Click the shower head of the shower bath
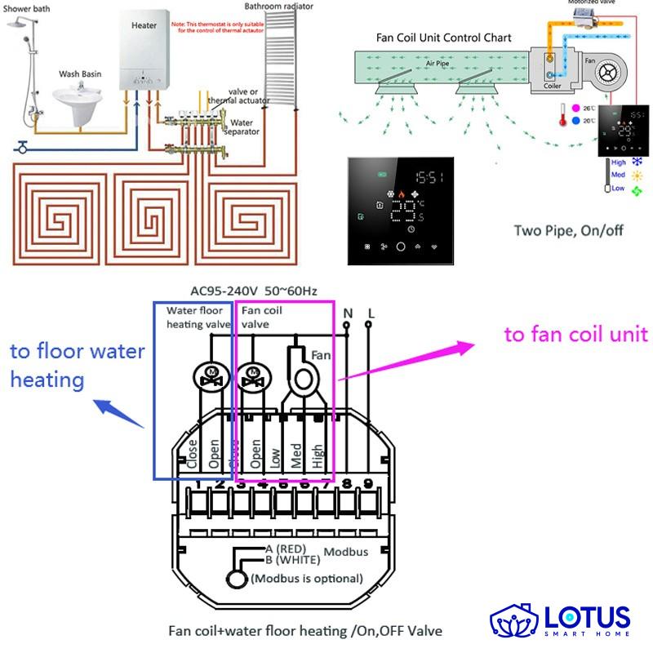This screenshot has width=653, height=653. click(x=17, y=27)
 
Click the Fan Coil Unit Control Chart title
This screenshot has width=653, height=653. click(x=444, y=38)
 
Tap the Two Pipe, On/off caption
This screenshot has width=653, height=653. click(x=568, y=230)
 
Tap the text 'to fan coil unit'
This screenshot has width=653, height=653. click(x=575, y=335)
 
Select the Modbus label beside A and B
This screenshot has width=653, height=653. click(x=346, y=553)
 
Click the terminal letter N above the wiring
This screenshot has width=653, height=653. click(x=348, y=313)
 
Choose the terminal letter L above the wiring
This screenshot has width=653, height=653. click(x=371, y=313)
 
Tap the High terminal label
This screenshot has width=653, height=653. click(x=318, y=452)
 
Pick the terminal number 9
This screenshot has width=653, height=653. click(x=368, y=483)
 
